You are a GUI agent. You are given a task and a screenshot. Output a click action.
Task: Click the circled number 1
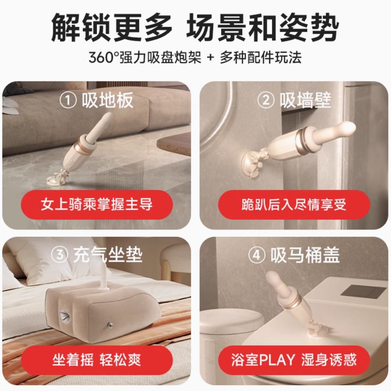tap(68, 100)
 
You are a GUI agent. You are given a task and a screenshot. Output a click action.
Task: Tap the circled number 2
tap(266, 100)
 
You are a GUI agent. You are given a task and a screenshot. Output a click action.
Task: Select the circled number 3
tap(59, 255)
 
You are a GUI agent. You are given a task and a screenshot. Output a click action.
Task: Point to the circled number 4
tap(257, 255)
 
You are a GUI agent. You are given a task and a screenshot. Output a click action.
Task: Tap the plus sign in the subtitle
tap(210, 58)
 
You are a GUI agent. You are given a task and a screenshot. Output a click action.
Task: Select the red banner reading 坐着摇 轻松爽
tap(97, 360)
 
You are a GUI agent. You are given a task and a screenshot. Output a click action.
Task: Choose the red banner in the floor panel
tap(97, 205)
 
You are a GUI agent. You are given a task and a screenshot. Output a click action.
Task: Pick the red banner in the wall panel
tap(294, 205)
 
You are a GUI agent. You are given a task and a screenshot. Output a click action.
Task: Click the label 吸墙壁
tap(305, 100)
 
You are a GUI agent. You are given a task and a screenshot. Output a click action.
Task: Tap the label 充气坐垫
tap(108, 255)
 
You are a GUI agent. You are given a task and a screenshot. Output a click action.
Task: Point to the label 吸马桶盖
tap(305, 255)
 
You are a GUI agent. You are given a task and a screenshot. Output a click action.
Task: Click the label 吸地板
tap(108, 100)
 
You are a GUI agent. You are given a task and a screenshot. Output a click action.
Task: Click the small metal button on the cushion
tap(110, 325)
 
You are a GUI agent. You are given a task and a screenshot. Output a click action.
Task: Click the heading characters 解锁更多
tap(112, 27)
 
